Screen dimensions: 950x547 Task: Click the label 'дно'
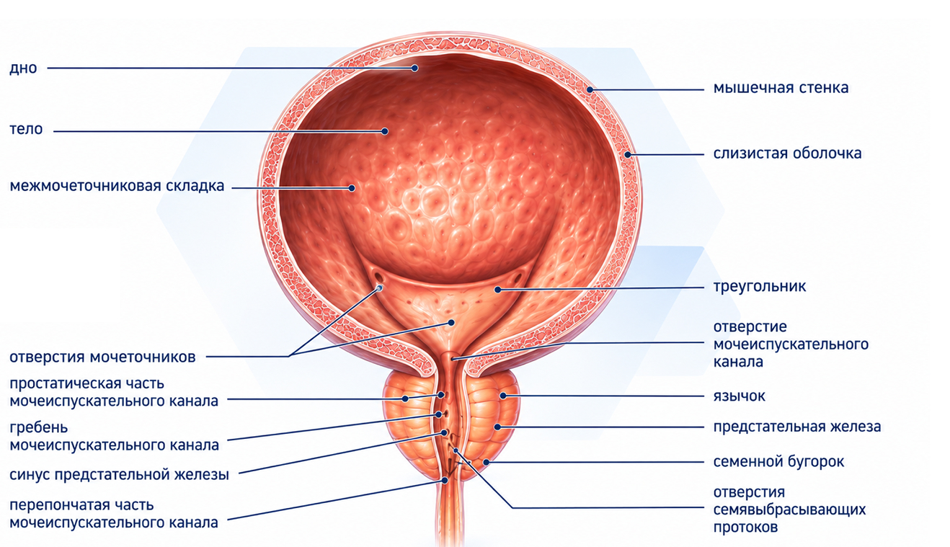(23, 68)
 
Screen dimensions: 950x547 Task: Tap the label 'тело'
(26, 129)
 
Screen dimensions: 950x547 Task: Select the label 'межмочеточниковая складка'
(117, 186)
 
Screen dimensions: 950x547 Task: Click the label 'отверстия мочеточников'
(102, 357)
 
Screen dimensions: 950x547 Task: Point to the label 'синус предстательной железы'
(119, 474)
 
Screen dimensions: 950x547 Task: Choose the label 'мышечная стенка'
(781, 88)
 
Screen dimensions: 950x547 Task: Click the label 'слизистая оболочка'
(787, 153)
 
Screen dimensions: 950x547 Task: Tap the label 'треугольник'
(760, 286)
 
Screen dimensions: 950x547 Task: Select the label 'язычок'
(740, 396)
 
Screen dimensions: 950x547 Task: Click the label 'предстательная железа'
(797, 427)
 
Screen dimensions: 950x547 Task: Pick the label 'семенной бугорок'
(778, 461)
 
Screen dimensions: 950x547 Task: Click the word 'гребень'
(39, 427)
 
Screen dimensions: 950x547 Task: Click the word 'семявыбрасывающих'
(789, 510)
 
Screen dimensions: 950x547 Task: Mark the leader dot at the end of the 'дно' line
(414, 68)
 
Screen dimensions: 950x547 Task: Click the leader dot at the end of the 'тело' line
(385, 131)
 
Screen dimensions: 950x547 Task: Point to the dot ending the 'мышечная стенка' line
(590, 89)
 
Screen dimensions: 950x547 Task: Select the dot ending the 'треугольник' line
(498, 290)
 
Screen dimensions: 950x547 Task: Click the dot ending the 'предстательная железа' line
(497, 427)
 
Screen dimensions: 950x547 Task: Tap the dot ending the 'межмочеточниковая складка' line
(352, 188)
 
